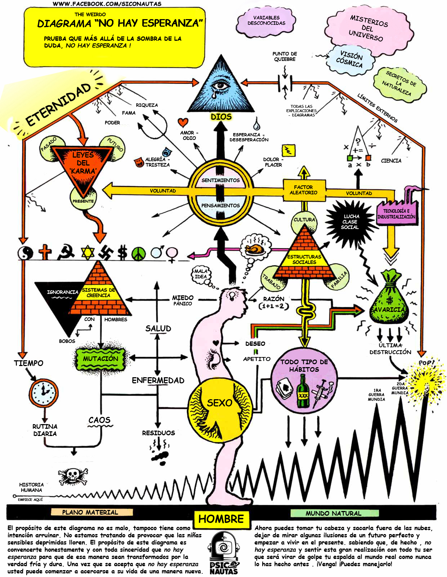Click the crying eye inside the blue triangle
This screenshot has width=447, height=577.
click(220, 87)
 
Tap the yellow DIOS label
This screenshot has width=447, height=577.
click(221, 116)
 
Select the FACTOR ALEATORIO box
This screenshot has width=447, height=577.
click(304, 190)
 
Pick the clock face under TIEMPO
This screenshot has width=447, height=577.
click(44, 393)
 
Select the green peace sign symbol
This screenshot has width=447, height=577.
click(138, 253)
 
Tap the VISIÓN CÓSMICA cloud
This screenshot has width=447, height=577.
click(350, 60)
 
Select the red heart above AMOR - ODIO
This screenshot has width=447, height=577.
click(183, 122)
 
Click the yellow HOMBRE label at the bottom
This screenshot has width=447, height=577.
click(221, 519)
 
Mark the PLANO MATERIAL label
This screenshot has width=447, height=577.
click(90, 512)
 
